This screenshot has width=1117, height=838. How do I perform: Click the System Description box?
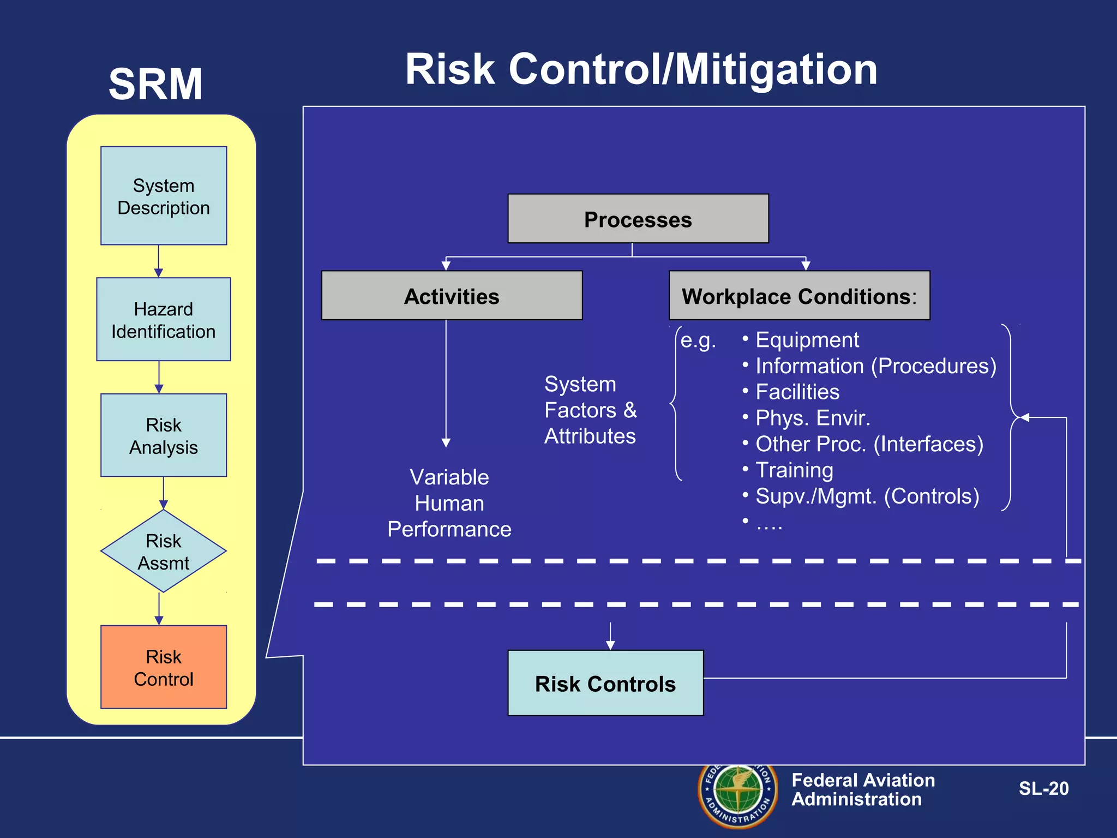pos(164,196)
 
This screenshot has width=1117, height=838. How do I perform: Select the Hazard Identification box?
pos(164,320)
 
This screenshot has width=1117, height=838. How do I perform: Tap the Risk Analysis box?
pos(164,435)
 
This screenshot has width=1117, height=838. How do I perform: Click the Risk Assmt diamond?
pos(164,551)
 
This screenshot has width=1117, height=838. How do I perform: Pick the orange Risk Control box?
pos(164,667)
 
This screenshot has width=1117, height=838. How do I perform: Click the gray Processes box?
pos(638,219)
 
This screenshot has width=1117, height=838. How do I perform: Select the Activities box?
pos(452,296)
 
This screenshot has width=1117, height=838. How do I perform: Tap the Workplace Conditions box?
pos(799,296)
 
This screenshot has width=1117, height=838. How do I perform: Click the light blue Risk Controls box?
pos(605,683)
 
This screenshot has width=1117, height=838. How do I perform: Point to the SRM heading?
pos(156,84)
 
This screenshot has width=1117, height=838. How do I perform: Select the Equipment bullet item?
pos(807,340)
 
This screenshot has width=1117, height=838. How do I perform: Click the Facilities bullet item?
pos(797,392)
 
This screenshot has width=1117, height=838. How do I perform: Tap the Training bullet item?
pos(794,470)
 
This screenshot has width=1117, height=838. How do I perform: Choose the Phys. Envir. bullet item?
pos(812,418)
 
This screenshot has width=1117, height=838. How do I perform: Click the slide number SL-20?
pos(1043,788)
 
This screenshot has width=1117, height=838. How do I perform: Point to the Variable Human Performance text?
pos(449,503)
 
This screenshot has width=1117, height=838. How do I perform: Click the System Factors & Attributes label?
pos(590,410)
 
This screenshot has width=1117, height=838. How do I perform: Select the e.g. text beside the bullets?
pos(698,340)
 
